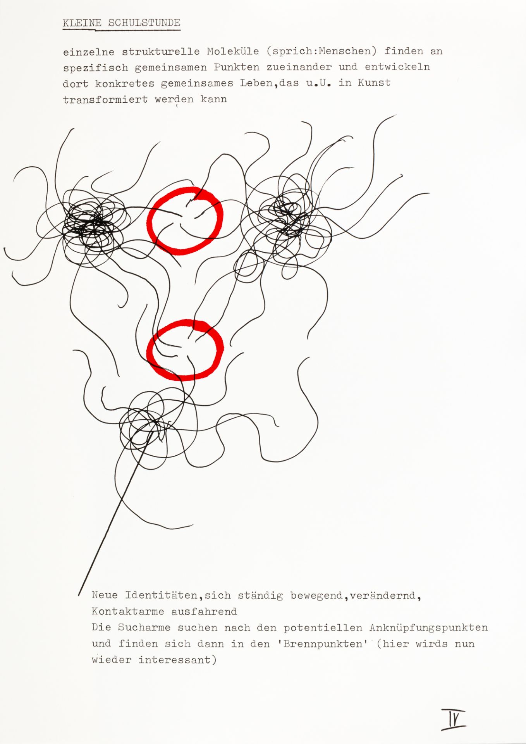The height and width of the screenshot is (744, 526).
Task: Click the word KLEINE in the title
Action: (x=82, y=23)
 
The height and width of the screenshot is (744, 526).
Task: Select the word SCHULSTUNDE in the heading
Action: (x=144, y=23)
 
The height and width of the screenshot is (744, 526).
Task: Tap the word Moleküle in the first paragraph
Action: (x=233, y=51)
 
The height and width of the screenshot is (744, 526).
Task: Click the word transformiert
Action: (x=105, y=99)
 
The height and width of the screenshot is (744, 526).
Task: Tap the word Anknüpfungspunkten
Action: (x=428, y=628)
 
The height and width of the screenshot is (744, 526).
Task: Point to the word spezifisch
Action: (x=95, y=68)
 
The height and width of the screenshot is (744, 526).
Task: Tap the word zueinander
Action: (x=299, y=67)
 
